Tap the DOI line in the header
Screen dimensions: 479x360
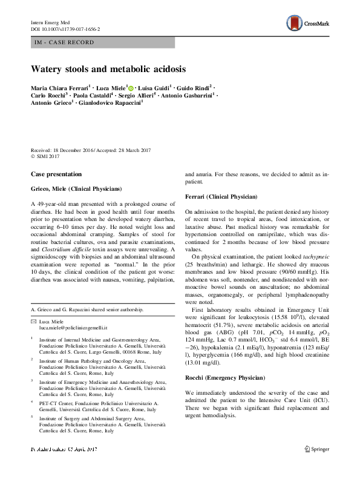pos(65,28)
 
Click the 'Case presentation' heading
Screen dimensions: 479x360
pos(56,174)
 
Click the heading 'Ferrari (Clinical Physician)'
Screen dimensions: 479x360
pos(221,197)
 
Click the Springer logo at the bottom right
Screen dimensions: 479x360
pos(317,449)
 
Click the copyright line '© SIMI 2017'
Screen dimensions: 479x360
pos(47,156)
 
